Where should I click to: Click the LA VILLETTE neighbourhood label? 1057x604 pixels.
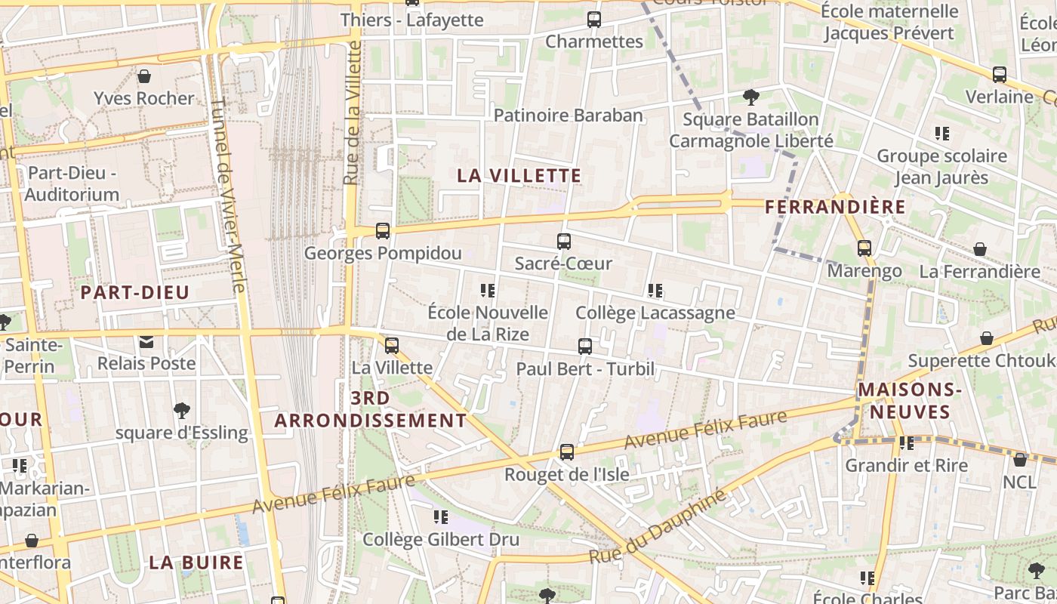coord(519,175)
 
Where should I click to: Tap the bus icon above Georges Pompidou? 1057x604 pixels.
coord(383,231)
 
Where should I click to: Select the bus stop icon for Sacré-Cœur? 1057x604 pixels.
coord(563,242)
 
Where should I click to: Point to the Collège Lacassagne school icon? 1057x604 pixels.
coord(655,291)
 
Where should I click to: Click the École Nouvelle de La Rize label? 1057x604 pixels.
coord(488,322)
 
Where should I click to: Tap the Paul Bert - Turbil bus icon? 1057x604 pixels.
coord(585,347)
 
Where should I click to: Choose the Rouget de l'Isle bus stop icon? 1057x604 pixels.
coord(566,452)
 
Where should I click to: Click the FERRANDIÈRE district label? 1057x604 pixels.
coord(835,207)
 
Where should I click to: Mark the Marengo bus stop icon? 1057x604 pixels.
coord(864,248)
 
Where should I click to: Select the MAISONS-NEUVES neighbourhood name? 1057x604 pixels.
coord(909,401)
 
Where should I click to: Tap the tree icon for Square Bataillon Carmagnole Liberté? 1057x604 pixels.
coord(750,97)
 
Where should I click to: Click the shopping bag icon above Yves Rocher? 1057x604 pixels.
coord(143,76)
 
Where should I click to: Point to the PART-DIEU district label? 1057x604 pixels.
coord(135,292)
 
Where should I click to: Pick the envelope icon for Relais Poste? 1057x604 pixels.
coord(146,342)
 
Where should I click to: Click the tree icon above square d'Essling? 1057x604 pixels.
coord(181,411)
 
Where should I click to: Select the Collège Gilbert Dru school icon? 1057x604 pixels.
coord(440,517)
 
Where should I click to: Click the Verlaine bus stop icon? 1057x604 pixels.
coord(1000,75)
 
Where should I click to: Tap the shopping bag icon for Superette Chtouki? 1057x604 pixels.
coord(986,338)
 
